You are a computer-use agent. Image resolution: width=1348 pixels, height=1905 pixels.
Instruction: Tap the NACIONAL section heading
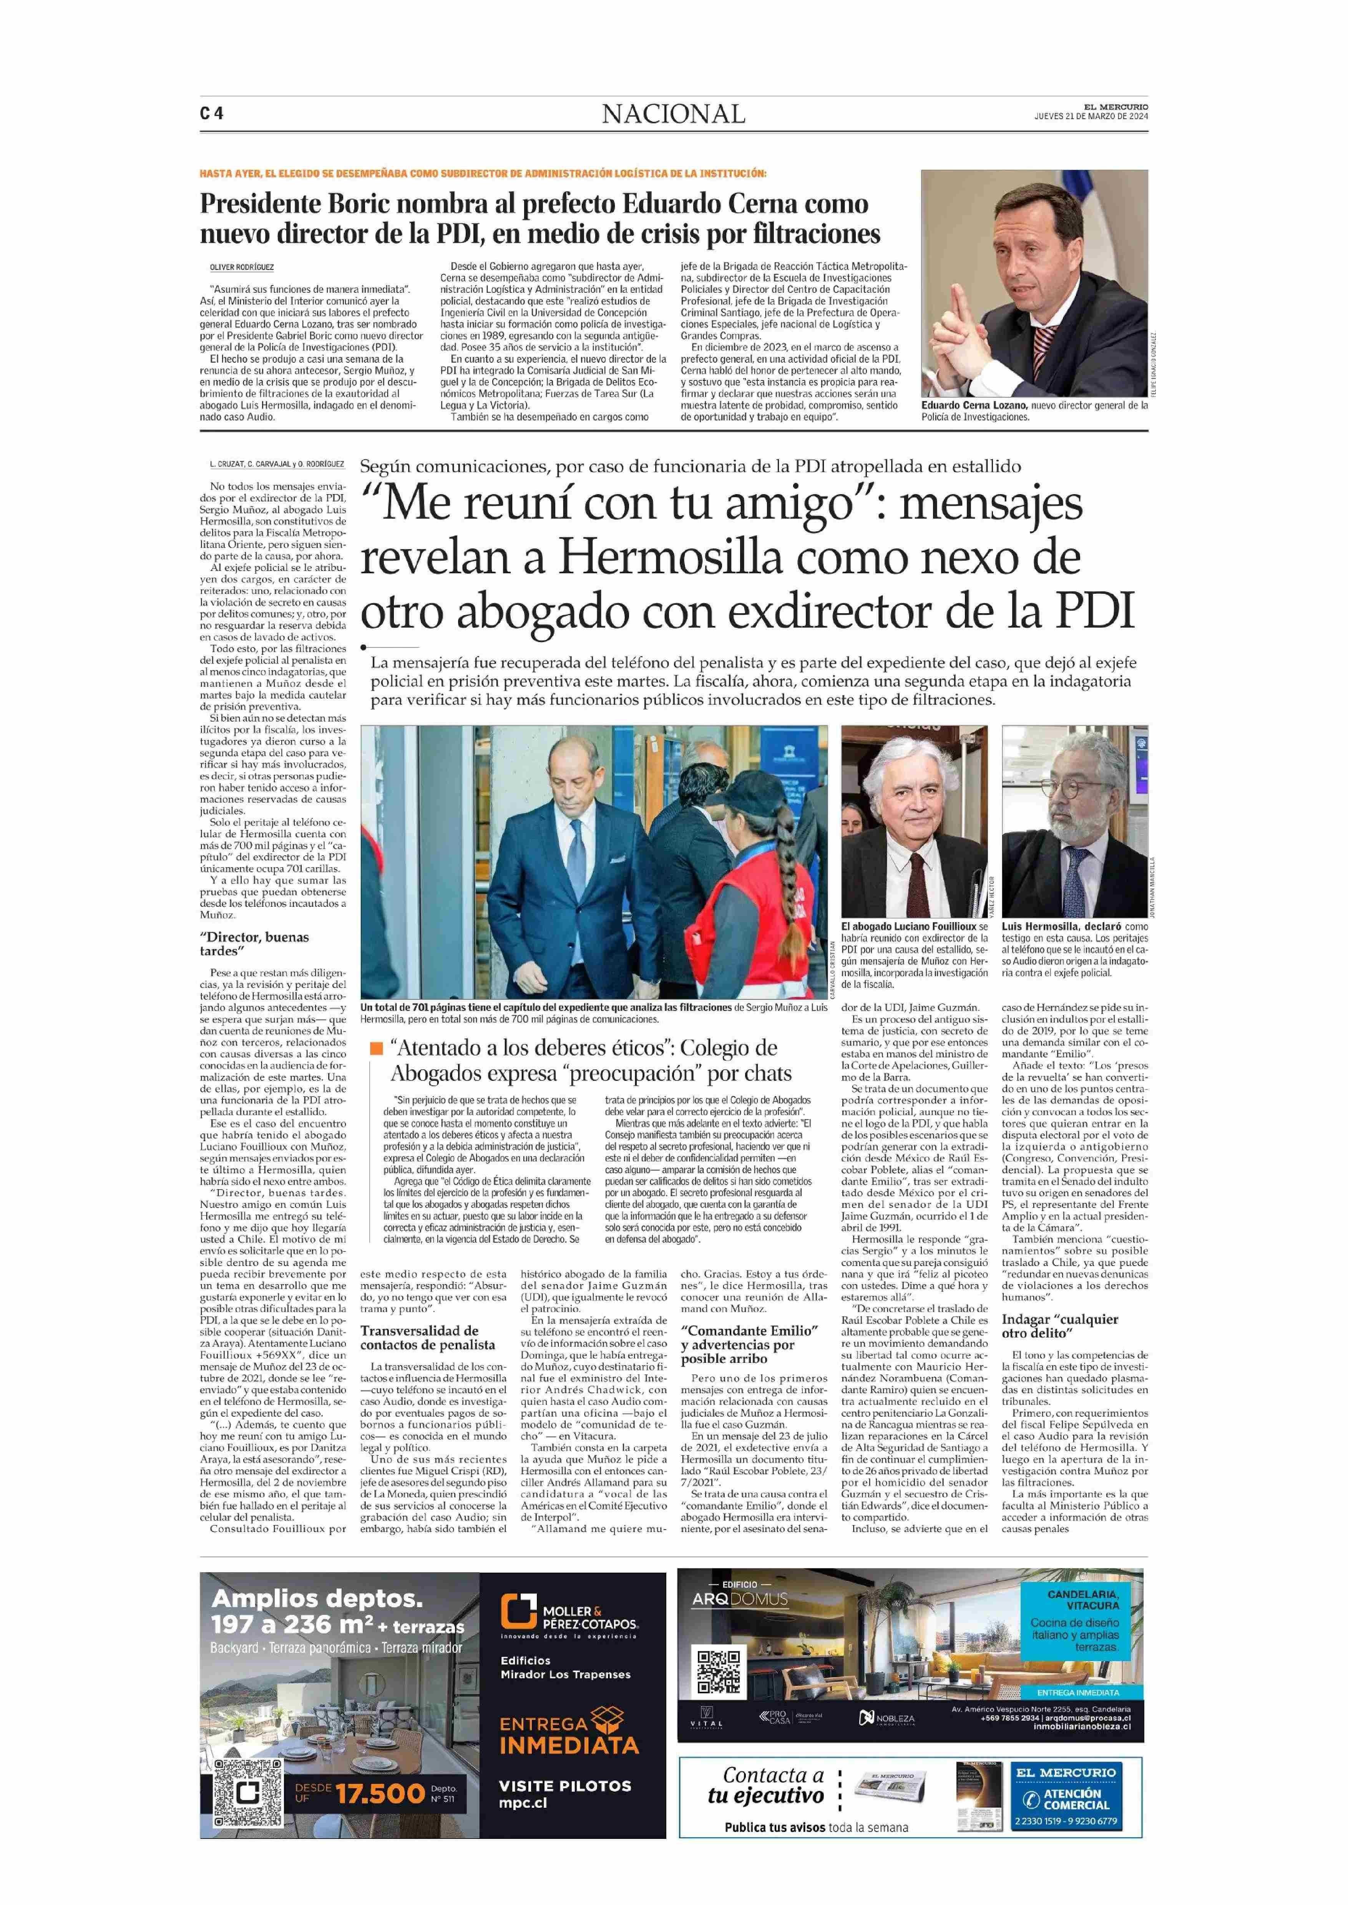click(x=673, y=114)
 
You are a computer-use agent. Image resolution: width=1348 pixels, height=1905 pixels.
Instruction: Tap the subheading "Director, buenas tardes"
click(x=254, y=944)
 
